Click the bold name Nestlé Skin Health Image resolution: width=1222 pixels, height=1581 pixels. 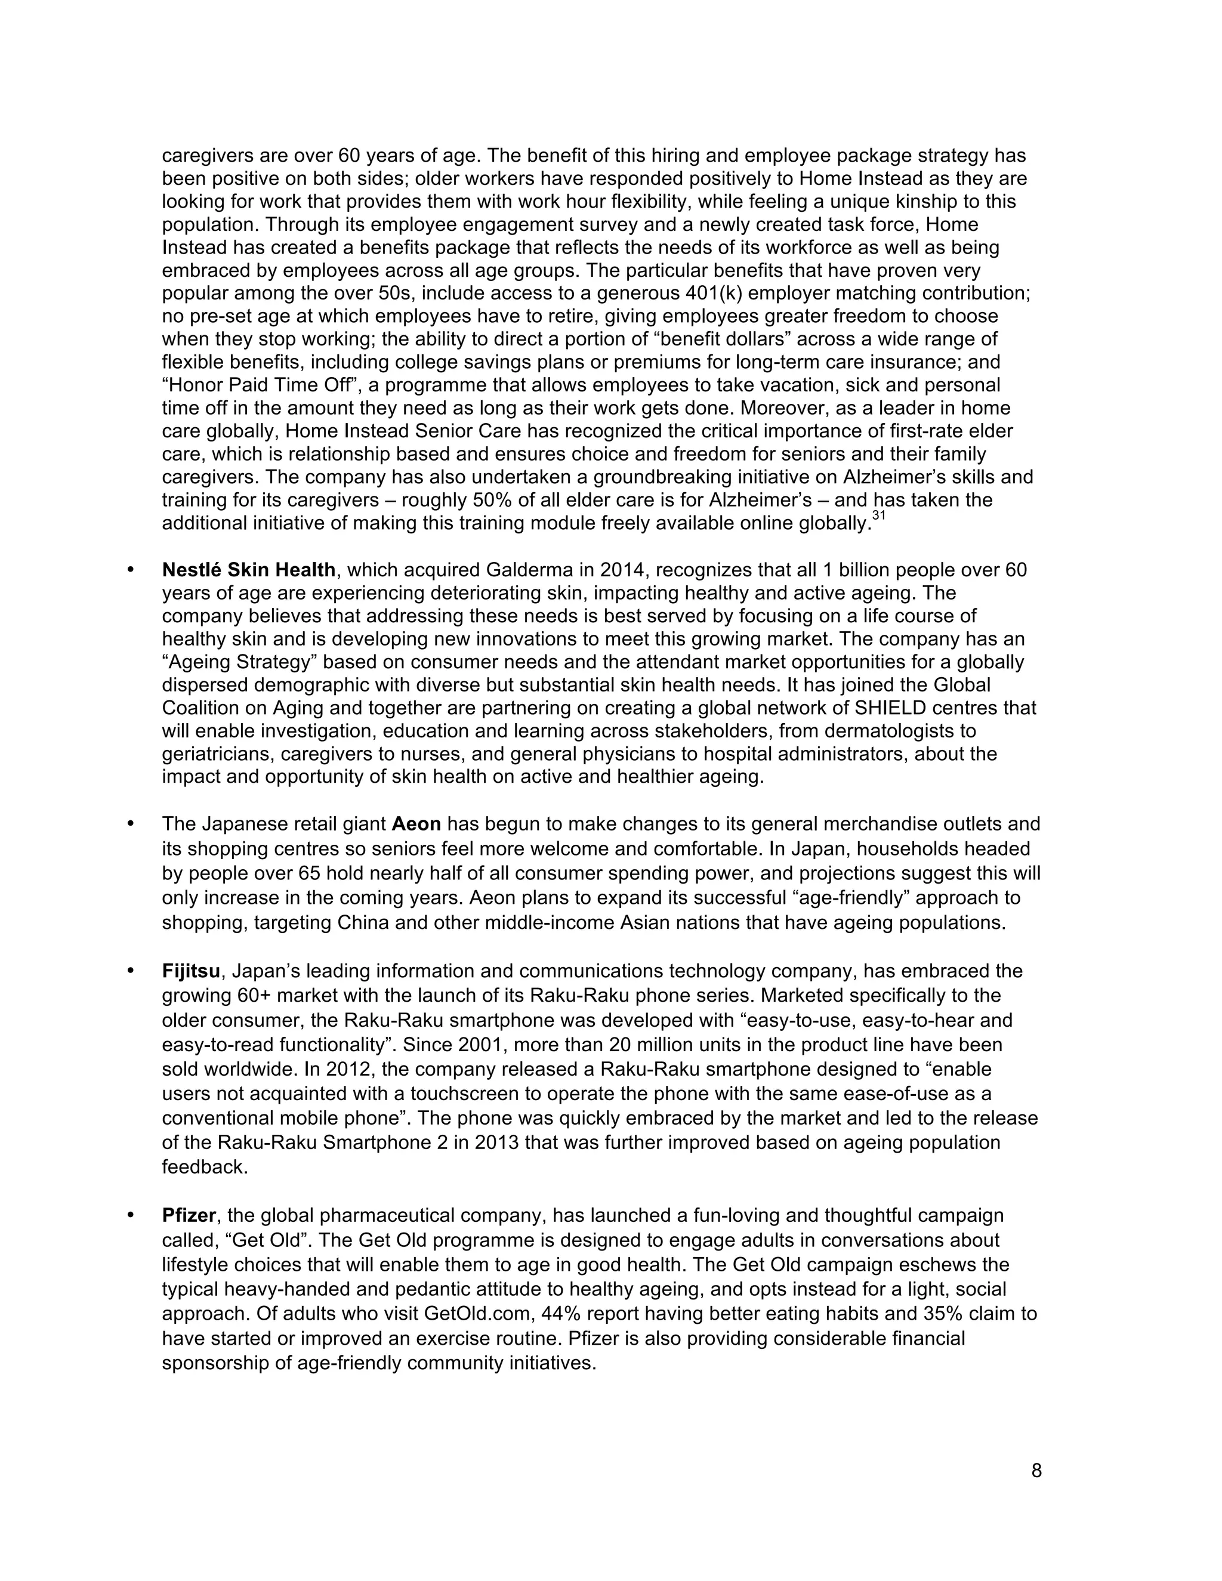(248, 570)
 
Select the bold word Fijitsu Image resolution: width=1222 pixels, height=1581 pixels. (190, 971)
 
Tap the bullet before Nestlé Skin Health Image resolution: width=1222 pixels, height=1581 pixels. (131, 570)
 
